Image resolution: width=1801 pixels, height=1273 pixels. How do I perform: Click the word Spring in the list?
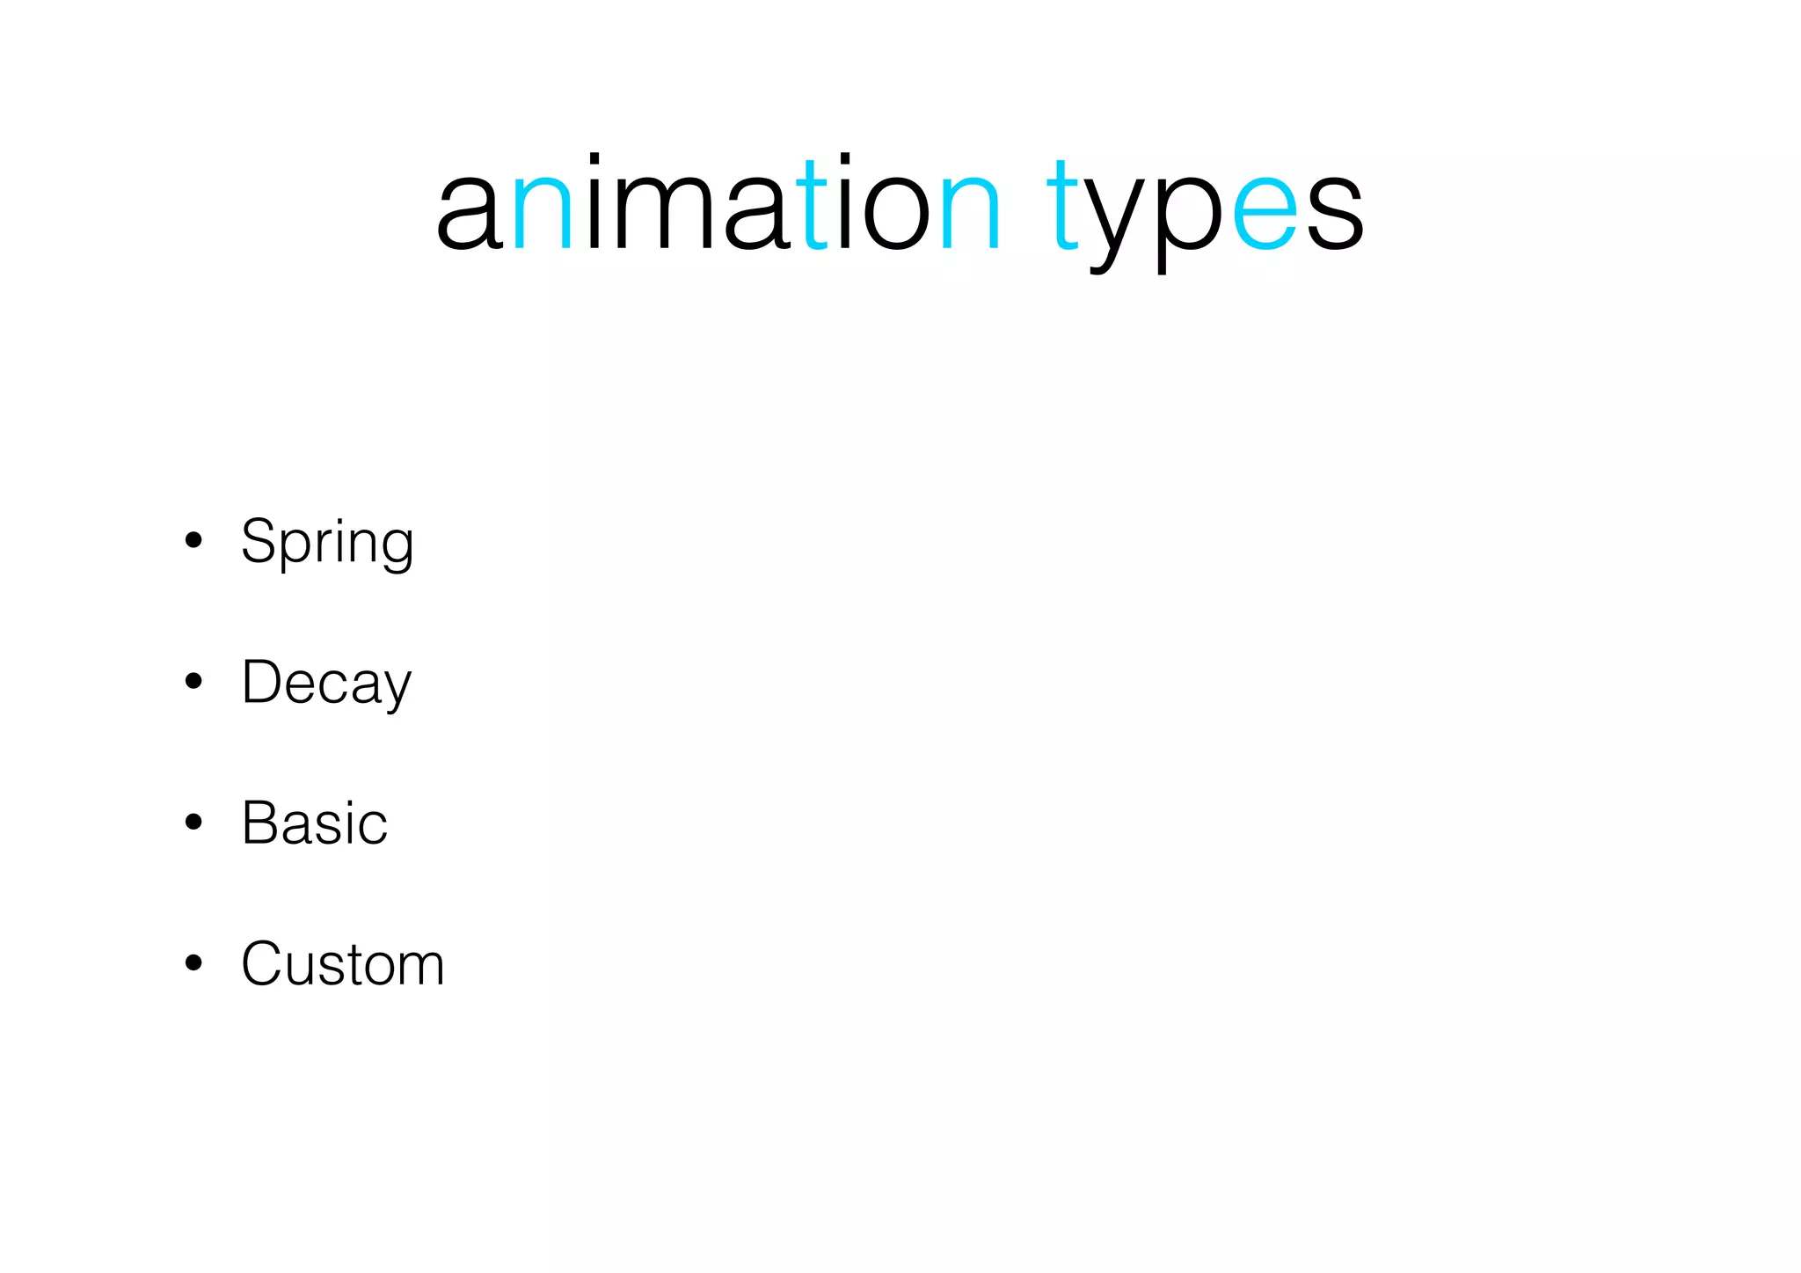click(327, 542)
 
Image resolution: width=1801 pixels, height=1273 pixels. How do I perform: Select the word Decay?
click(326, 683)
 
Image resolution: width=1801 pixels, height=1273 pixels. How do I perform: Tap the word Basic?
click(314, 823)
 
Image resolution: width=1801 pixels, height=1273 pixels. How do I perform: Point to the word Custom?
click(343, 964)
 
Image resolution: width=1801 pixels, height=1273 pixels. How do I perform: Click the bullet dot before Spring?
click(193, 540)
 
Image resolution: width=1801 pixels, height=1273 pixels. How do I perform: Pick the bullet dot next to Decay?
click(193, 681)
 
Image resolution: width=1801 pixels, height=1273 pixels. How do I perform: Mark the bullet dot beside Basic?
click(193, 822)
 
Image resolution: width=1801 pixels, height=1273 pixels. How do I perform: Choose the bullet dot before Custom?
click(193, 962)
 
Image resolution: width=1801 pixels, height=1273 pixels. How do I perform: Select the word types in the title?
click(1205, 211)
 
